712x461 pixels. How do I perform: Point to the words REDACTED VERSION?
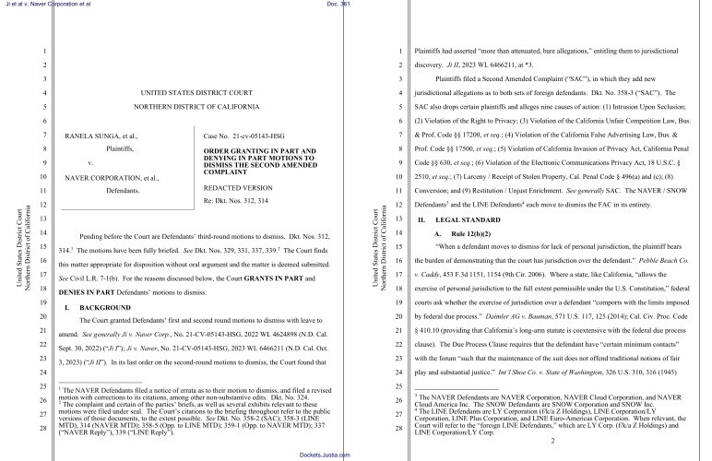pos(232,187)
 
